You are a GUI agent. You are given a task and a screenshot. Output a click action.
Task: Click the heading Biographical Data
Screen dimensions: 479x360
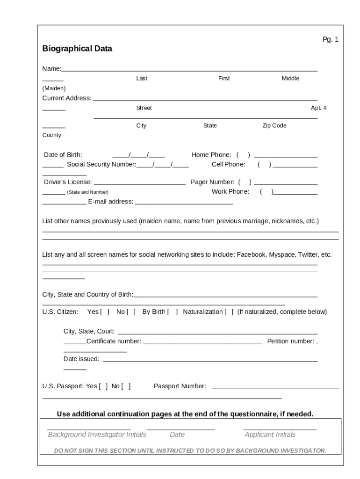tap(77, 49)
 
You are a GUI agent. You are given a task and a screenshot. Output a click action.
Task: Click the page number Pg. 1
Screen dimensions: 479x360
tap(330, 40)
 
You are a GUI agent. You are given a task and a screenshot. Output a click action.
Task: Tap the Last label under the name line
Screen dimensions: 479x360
tap(142, 79)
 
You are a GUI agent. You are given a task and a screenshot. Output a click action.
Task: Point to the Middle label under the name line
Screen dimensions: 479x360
tap(290, 79)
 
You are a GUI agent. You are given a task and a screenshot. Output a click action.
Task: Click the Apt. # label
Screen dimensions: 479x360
tap(319, 108)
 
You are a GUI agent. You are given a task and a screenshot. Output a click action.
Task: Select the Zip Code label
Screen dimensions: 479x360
tap(274, 126)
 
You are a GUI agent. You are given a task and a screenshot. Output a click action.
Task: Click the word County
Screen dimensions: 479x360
tap(52, 135)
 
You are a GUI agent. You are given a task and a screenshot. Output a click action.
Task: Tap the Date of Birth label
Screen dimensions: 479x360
tap(63, 155)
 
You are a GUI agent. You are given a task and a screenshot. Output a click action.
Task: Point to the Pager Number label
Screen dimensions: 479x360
tap(212, 182)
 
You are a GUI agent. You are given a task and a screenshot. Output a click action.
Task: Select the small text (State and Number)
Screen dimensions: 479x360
tap(87, 192)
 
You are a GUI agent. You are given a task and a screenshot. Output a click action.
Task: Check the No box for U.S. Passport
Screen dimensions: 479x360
tap(126, 386)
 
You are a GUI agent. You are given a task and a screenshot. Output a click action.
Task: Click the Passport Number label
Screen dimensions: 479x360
tap(180, 386)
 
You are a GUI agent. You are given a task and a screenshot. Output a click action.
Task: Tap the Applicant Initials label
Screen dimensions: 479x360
tap(270, 435)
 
